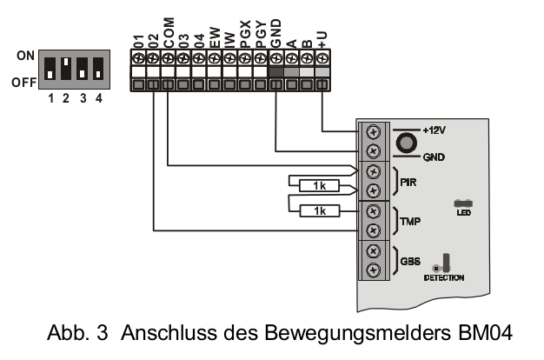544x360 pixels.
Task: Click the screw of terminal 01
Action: [137, 59]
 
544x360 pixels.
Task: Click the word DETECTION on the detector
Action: [445, 277]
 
